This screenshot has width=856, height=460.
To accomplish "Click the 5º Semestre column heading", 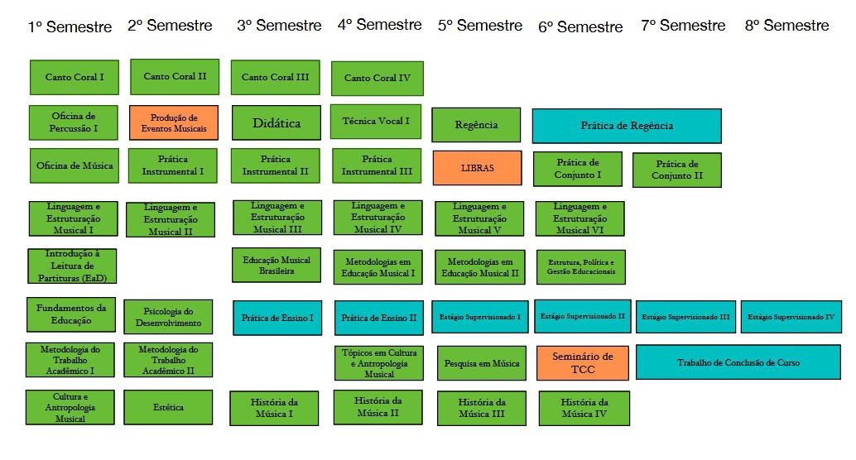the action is coord(480,26).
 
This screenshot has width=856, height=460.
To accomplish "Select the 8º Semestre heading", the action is coord(786,26).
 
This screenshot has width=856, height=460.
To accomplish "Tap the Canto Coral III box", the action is coord(275,77).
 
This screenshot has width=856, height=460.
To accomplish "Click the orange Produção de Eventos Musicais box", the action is coord(174,122).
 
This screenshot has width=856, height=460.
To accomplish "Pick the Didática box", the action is coord(277,123).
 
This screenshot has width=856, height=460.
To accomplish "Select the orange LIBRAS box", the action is coord(477,168).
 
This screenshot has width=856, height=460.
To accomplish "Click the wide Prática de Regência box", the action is coord(627,126).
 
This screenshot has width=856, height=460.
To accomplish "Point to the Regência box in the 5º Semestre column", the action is coord(476,125).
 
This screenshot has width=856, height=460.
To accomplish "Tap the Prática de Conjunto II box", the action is coord(677,170).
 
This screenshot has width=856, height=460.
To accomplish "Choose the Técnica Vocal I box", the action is coord(376,122).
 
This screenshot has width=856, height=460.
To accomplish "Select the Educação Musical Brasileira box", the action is coord(277,265).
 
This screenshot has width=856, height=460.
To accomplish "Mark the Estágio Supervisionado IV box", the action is coord(791,317).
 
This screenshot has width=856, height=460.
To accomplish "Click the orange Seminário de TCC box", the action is coord(581,362).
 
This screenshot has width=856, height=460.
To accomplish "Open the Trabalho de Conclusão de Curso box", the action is coord(738,362).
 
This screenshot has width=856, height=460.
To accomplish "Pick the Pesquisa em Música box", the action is coord(482,363).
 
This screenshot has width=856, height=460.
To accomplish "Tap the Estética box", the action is coord(168,407).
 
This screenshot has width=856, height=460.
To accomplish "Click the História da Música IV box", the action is coord(584,408).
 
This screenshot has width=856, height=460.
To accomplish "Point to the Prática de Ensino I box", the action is coord(277,318).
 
